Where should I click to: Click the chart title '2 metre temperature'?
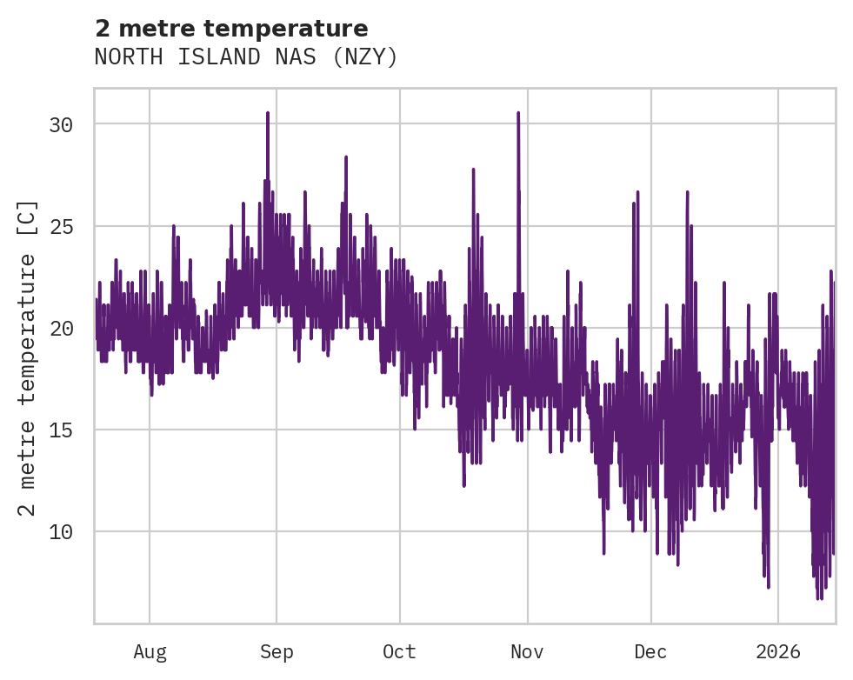tap(231, 29)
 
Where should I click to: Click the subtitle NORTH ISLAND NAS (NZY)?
tap(246, 57)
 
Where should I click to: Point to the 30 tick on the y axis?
tap(61, 124)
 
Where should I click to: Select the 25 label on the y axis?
tap(61, 226)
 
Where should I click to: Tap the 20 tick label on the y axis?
tap(61, 328)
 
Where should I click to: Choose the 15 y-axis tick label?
tap(61, 430)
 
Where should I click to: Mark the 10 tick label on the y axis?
tap(61, 531)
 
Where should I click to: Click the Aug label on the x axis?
tap(150, 652)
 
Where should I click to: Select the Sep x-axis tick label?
tap(277, 652)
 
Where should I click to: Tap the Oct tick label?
tap(400, 652)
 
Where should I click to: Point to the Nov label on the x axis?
tap(527, 652)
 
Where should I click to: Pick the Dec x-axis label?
tap(650, 652)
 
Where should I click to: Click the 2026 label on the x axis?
tap(778, 652)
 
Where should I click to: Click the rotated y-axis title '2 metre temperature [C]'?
tap(28, 357)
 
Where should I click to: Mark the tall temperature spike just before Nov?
tap(518, 114)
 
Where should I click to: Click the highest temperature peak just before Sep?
tap(268, 114)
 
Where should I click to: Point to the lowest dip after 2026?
tap(819, 597)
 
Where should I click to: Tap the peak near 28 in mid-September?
tap(346, 158)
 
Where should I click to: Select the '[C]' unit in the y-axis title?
tap(28, 217)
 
